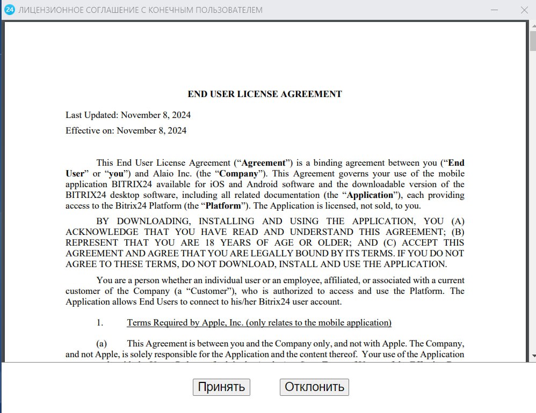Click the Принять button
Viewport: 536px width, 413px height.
point(221,387)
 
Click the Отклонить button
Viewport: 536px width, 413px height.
point(314,387)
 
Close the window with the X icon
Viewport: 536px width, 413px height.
point(525,10)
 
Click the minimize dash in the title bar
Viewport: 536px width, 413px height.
point(494,10)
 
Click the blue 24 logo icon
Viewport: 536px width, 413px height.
point(9,10)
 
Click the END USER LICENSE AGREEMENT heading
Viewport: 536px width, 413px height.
point(264,94)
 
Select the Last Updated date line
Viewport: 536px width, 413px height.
point(128,115)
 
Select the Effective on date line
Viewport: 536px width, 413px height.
point(126,130)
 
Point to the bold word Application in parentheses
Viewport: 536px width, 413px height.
point(370,195)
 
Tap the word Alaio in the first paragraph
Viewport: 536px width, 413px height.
point(164,174)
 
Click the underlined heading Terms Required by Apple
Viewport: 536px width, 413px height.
point(259,322)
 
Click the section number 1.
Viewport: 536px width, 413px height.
point(99,322)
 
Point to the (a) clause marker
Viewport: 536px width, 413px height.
point(102,343)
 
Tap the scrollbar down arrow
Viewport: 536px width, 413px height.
point(532,355)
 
